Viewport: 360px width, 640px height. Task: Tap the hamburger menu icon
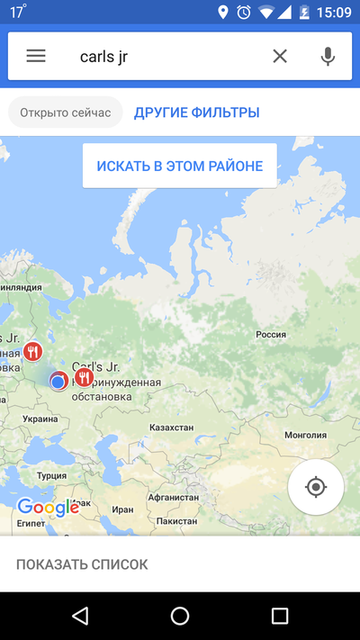(36, 56)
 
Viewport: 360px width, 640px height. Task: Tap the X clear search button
(280, 56)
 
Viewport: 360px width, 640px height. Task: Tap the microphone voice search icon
(328, 56)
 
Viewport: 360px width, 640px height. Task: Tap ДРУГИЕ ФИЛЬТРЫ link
(197, 113)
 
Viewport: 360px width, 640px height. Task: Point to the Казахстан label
(171, 427)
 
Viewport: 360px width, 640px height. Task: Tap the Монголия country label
(305, 435)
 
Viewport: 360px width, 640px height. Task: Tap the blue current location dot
(58, 382)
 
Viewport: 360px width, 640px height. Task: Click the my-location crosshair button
(315, 487)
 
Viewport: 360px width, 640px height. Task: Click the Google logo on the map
(48, 508)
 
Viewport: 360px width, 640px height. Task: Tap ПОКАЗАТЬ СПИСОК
(82, 564)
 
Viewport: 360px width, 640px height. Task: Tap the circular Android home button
(180, 616)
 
